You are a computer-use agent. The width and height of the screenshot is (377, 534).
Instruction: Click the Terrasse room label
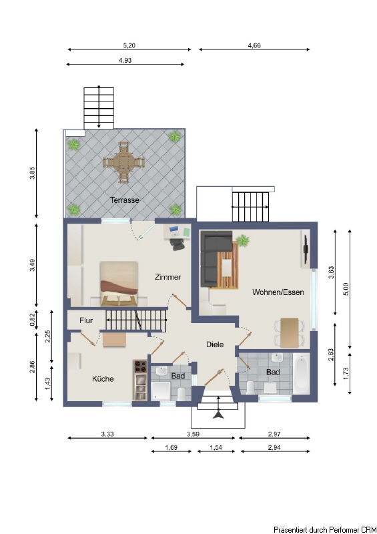pyautogui.click(x=125, y=200)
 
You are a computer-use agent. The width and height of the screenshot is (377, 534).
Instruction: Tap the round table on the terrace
pyautogui.click(x=124, y=163)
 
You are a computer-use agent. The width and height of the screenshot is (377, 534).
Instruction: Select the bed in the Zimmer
pyautogui.click(x=119, y=283)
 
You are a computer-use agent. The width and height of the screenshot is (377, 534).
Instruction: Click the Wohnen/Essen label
pyautogui.click(x=278, y=292)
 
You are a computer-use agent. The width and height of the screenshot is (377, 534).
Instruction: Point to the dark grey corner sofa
pyautogui.click(x=213, y=256)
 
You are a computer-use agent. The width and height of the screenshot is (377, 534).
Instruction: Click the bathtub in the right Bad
pyautogui.click(x=302, y=374)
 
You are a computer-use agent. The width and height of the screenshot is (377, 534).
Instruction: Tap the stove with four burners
pyautogui.click(x=140, y=366)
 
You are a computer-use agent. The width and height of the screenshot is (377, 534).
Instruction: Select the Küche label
pyautogui.click(x=103, y=378)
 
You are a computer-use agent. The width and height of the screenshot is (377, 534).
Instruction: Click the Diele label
pyautogui.click(x=215, y=344)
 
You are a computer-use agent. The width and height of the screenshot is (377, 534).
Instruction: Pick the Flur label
pyautogui.click(x=86, y=320)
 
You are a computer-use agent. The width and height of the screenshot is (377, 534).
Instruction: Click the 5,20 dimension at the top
pyautogui.click(x=129, y=45)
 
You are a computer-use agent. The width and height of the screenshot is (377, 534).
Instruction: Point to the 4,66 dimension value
pyautogui.click(x=254, y=45)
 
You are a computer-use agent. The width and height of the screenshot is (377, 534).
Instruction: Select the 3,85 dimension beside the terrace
pyautogui.click(x=32, y=173)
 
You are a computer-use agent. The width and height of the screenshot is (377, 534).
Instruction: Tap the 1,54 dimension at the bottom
pyautogui.click(x=216, y=447)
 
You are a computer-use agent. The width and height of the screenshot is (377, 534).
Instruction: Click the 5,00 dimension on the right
pyautogui.click(x=346, y=289)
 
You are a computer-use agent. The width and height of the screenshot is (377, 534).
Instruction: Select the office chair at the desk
pyautogui.click(x=177, y=244)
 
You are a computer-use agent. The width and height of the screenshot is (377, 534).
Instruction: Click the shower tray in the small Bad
pyautogui.click(x=160, y=390)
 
